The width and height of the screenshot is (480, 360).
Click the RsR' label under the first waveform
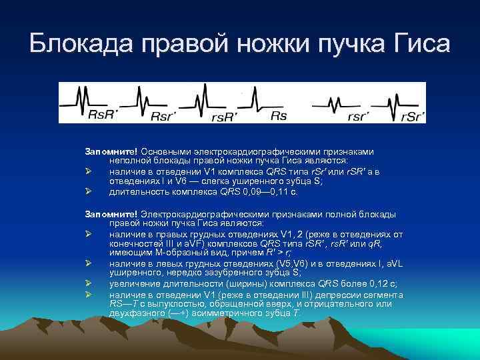(103, 115)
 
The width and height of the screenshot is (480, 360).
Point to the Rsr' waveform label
(164, 116)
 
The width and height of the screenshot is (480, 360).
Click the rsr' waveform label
(360, 116)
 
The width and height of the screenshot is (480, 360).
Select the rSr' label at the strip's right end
(413, 116)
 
